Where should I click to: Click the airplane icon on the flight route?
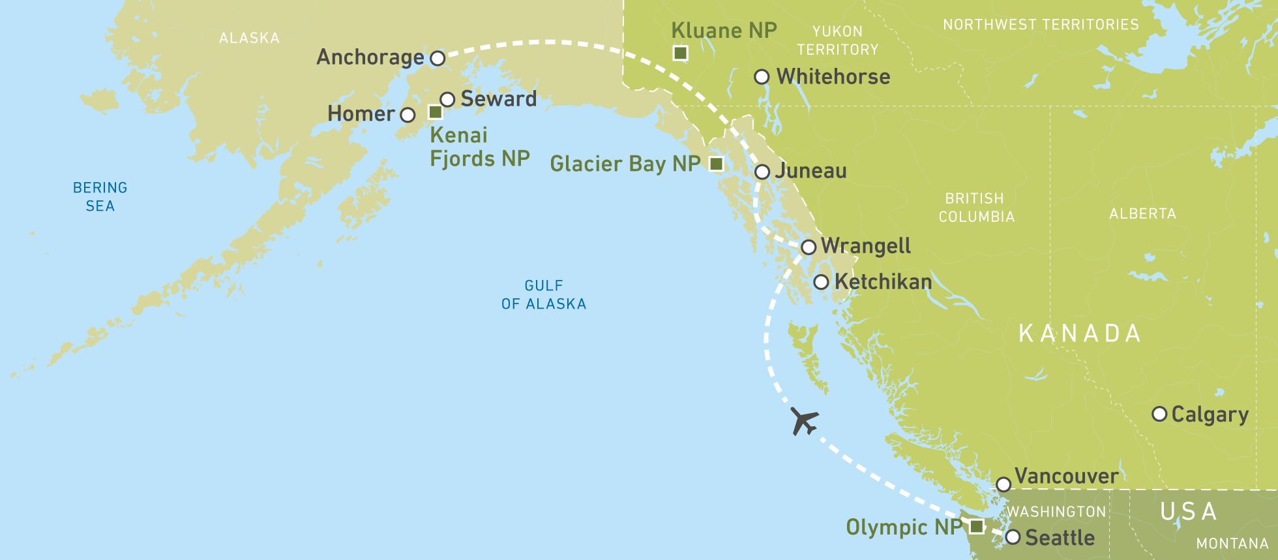coord(804,421)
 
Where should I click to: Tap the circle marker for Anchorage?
coord(438,58)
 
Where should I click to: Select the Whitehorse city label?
coord(833,76)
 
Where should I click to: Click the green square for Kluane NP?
coord(680,53)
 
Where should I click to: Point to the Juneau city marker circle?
coord(762,172)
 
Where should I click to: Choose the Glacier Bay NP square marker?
coord(716,164)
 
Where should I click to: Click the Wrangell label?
coord(865,246)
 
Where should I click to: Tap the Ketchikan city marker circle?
coord(821,282)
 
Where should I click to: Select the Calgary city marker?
coord(1159,414)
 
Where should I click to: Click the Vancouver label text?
coord(1066,476)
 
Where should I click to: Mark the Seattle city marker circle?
coord(1013,537)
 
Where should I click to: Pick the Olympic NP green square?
coord(976,526)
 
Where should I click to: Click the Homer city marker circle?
coord(408,115)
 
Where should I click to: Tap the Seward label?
coord(499,99)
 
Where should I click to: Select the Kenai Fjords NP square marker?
coord(435,112)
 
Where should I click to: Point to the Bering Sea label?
coord(100,196)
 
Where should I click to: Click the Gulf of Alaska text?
coord(544,294)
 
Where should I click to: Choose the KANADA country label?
coord(1080,334)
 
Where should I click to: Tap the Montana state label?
coord(1232,543)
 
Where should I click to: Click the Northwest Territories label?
coord(1041,25)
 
